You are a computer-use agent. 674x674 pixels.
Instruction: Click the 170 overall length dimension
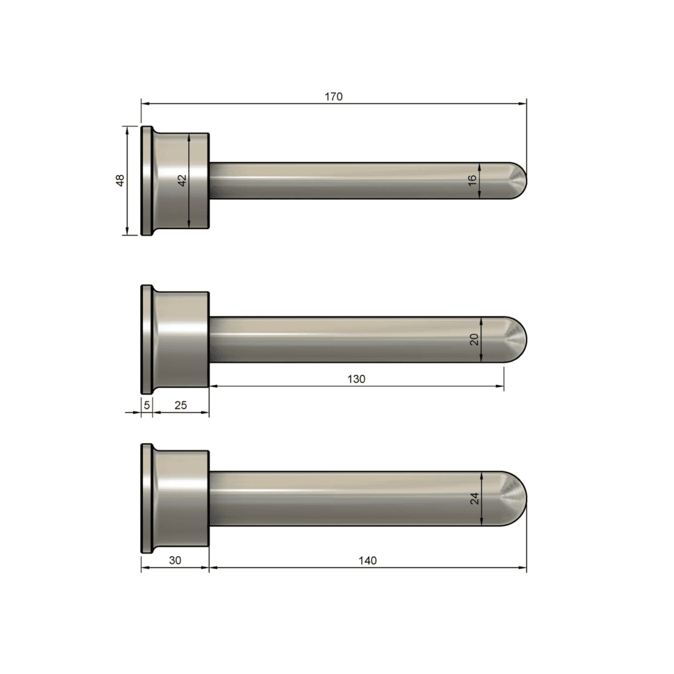point(334,96)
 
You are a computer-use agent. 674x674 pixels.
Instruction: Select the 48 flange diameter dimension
point(120,180)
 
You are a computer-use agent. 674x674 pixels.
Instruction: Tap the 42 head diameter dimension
point(183,180)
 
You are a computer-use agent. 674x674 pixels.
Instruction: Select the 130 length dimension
point(356,378)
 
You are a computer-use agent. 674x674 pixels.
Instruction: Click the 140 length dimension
point(368,560)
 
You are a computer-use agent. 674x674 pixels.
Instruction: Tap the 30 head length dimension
point(174,560)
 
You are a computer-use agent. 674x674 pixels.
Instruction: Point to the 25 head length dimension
point(180,405)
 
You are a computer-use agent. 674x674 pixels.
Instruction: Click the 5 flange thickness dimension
point(147,405)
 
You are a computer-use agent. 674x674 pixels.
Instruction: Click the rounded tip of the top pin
point(517,180)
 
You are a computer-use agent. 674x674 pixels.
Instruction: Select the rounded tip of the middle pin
point(517,340)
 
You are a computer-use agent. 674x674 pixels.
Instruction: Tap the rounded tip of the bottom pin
point(516,498)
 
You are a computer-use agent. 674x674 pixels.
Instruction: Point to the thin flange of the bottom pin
point(146,498)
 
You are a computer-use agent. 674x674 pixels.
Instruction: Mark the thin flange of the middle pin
point(146,340)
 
